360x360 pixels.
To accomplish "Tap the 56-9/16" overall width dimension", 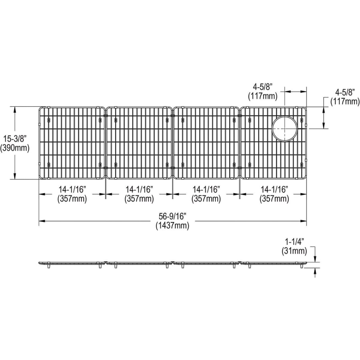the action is coord(172,216).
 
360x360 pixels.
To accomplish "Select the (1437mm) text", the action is coord(172,226).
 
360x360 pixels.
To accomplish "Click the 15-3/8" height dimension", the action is coord(15,139).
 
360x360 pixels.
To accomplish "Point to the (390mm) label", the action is coord(15,148).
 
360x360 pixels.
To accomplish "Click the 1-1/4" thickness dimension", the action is coord(294,242).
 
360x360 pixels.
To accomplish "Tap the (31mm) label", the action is coord(294,251).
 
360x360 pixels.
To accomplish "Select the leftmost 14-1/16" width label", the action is coord(72,190).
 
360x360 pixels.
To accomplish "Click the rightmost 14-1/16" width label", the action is coord(274,190).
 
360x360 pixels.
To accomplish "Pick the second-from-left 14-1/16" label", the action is coord(139,190).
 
